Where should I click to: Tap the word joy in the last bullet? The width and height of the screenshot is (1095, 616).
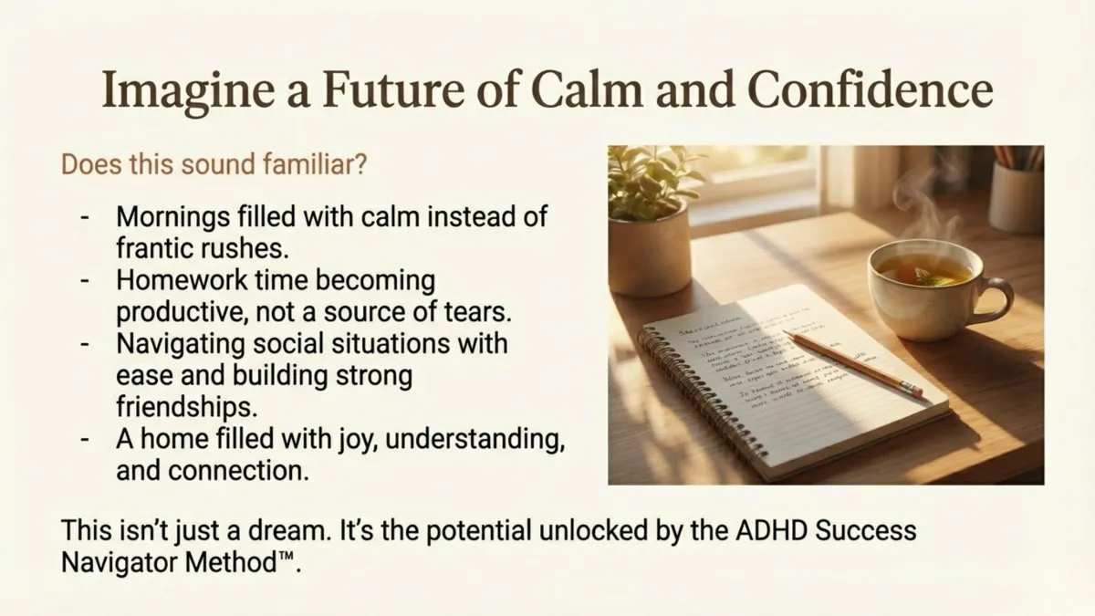tap(339, 438)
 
